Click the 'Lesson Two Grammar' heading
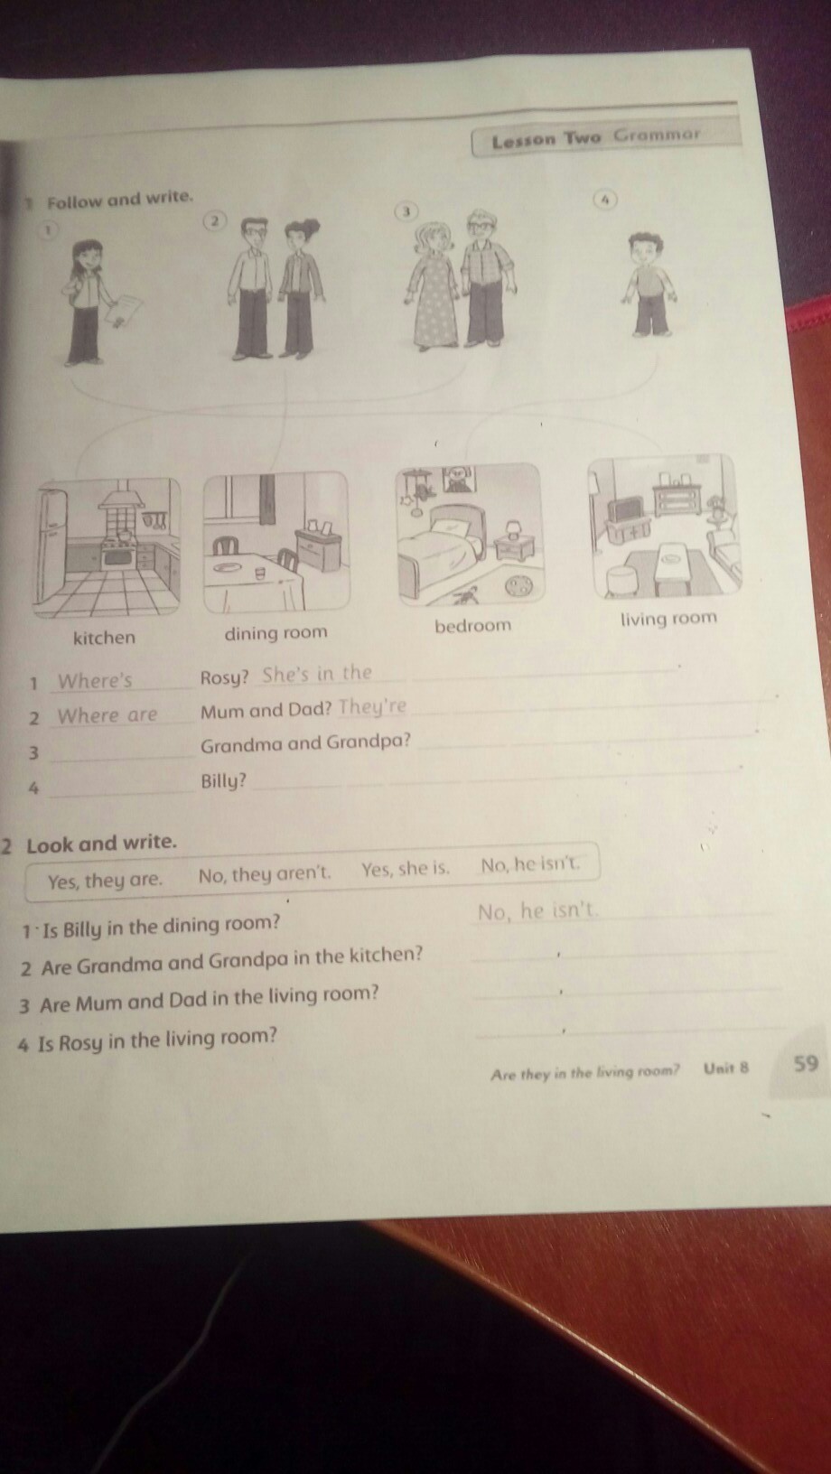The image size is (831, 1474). [595, 137]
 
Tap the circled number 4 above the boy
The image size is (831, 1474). [606, 198]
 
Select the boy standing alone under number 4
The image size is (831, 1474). [648, 284]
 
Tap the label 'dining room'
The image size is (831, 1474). [275, 633]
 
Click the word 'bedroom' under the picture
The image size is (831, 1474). [473, 625]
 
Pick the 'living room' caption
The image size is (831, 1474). [668, 619]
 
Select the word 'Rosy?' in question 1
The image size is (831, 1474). [224, 677]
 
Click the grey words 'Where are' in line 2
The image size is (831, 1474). [107, 715]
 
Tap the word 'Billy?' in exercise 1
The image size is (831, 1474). [224, 782]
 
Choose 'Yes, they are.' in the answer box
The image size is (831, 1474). [105, 881]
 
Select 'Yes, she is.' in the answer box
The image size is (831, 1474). [406, 869]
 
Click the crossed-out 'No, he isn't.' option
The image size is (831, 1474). [531, 864]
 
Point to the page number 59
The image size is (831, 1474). [806, 1063]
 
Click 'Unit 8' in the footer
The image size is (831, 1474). [725, 1068]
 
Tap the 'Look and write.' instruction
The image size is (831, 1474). [101, 844]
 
